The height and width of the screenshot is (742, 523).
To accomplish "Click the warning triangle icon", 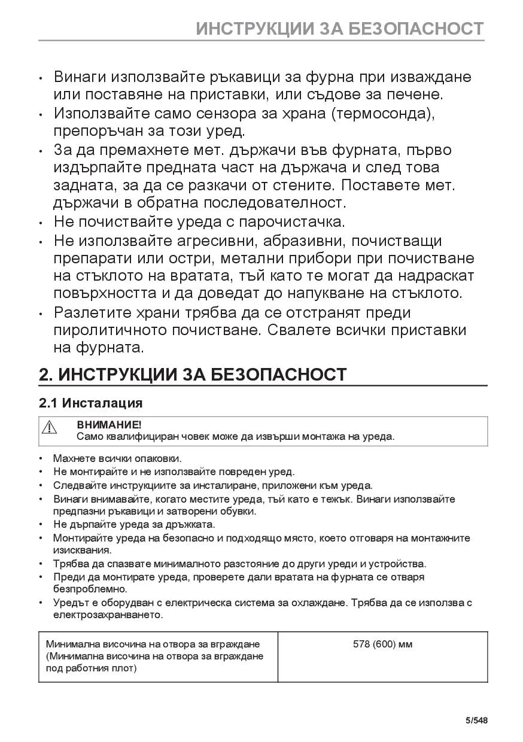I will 49,427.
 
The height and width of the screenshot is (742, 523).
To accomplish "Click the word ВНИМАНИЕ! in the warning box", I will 109,425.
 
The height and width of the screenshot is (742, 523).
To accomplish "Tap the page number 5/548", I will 476,720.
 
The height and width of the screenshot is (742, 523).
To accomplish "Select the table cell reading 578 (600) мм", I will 382,644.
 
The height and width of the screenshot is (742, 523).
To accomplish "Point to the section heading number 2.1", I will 48,403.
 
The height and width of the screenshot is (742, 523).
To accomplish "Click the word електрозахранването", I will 108,615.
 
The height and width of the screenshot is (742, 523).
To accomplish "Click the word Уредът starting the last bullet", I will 69,603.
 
